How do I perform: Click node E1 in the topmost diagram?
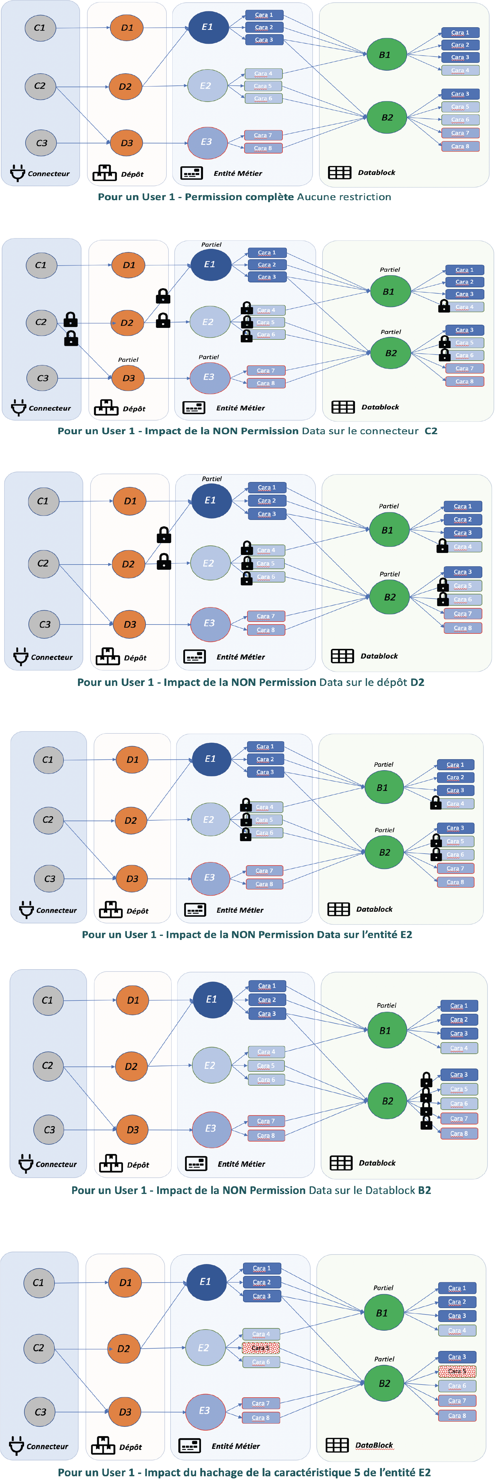(207, 27)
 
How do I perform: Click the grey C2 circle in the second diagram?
(41, 322)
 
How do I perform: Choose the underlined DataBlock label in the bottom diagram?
(374, 1445)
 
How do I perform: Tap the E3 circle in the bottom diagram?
(204, 1410)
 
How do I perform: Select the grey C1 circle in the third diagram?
(43, 501)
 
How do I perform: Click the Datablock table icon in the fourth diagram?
(338, 909)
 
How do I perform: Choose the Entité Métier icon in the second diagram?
(193, 408)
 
